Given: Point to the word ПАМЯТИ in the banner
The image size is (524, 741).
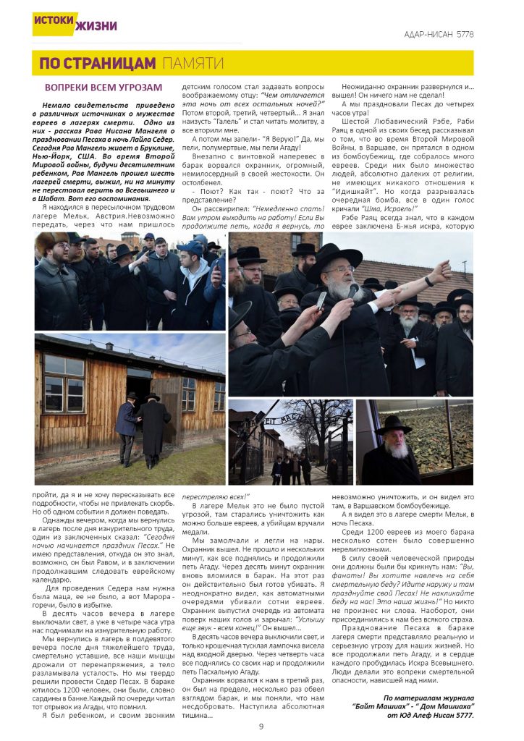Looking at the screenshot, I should pyautogui.click(x=192, y=64).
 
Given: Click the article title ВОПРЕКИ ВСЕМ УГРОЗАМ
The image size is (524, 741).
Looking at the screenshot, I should pyautogui.click(x=103, y=88).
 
